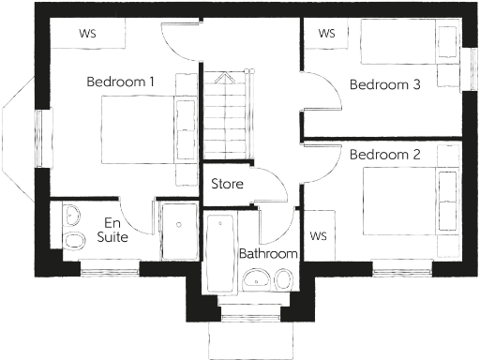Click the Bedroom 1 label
click(120, 82)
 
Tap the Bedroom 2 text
click(384, 153)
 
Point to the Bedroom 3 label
click(384, 84)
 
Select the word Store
click(227, 184)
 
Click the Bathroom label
click(268, 254)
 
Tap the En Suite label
click(112, 231)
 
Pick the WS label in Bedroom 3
click(326, 34)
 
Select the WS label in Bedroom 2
click(319, 235)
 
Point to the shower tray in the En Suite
click(178, 232)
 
